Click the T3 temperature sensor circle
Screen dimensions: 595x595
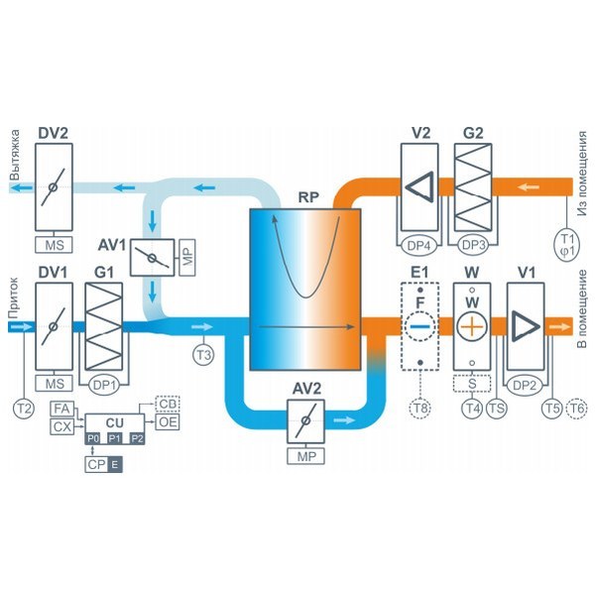point(202,353)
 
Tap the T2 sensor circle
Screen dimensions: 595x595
point(24,406)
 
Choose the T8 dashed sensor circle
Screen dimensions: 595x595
point(420,406)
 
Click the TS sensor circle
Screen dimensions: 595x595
point(497,406)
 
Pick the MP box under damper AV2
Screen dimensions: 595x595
point(305,456)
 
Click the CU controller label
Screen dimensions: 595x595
point(115,422)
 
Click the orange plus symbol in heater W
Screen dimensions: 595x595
point(473,325)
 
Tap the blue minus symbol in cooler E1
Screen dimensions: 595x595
point(420,324)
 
